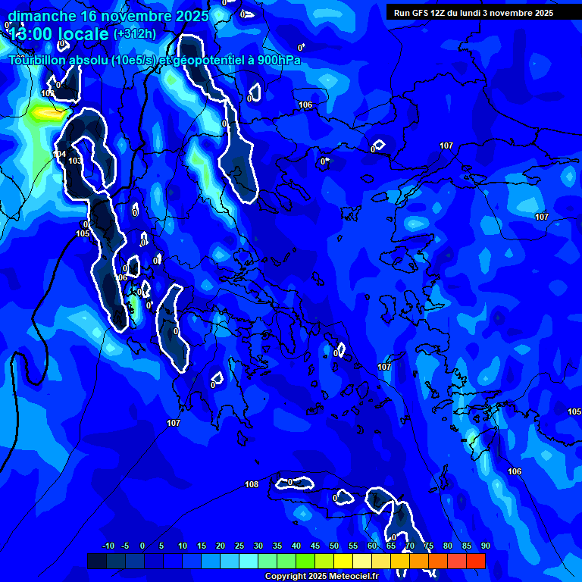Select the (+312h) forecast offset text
point(135,33)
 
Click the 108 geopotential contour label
point(252,484)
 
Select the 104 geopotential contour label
point(59,154)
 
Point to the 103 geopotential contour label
point(75,161)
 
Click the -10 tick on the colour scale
point(108,546)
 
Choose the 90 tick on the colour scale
point(485,546)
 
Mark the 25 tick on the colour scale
point(239,546)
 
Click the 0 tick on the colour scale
point(143,546)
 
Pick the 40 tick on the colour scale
point(296,546)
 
